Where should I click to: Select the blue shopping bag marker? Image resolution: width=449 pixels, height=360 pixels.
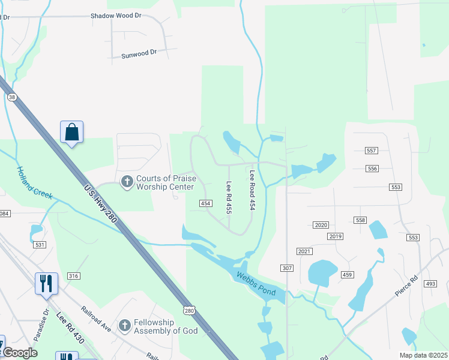coord(71,132)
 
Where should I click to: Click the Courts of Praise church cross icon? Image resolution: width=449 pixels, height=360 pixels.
coord(127,181)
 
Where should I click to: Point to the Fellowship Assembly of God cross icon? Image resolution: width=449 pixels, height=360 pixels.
coord(124,326)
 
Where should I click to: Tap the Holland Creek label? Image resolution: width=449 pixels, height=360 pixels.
coord(34,183)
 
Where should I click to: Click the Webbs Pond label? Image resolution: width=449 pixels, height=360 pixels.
coord(255,283)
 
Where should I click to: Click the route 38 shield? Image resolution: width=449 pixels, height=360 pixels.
coord(11,97)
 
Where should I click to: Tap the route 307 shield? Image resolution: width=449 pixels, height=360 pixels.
coord(286,268)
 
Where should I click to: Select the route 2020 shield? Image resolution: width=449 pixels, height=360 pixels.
coord(321,225)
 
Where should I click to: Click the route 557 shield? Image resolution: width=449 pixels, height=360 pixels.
coord(372,151)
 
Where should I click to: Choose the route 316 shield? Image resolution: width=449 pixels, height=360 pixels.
coord(74,275)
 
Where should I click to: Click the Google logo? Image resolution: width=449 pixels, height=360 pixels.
coord(20,353)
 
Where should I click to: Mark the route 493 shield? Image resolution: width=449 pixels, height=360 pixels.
coord(430,283)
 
